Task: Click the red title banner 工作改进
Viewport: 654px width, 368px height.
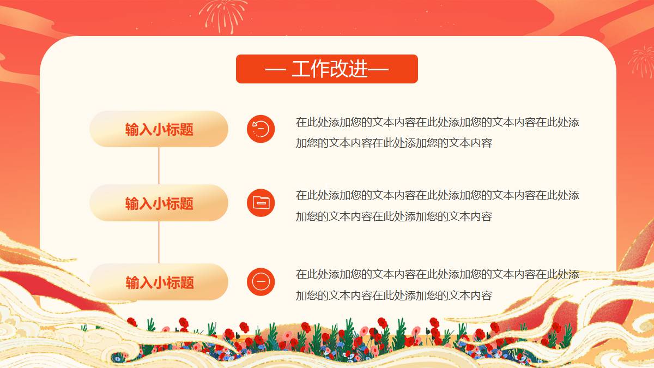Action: tap(326, 69)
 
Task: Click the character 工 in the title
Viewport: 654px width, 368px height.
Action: tap(301, 69)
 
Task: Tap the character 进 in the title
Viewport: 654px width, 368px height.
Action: tap(358, 69)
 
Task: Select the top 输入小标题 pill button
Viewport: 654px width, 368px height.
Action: tap(159, 129)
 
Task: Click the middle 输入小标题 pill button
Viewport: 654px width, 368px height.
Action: tap(159, 203)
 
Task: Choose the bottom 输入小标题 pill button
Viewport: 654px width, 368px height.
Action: tap(159, 282)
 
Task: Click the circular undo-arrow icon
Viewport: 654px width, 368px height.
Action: tap(261, 129)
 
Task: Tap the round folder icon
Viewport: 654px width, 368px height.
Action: tap(261, 203)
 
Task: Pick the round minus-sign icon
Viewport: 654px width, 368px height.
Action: tap(261, 282)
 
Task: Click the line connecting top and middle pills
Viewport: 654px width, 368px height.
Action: tap(159, 166)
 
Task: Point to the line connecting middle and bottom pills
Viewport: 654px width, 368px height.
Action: tap(159, 243)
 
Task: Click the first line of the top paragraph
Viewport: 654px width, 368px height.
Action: tap(437, 122)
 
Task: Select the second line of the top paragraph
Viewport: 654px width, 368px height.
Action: tap(394, 143)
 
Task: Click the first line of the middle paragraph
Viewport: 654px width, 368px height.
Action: tap(437, 195)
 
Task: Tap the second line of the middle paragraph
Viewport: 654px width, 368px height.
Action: tap(394, 216)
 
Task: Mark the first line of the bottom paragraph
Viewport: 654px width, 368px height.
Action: tap(437, 274)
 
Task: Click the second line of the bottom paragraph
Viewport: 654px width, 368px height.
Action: tap(394, 295)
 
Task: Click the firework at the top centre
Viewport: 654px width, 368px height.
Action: tap(223, 15)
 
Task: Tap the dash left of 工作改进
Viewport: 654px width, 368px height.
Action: tap(275, 70)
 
